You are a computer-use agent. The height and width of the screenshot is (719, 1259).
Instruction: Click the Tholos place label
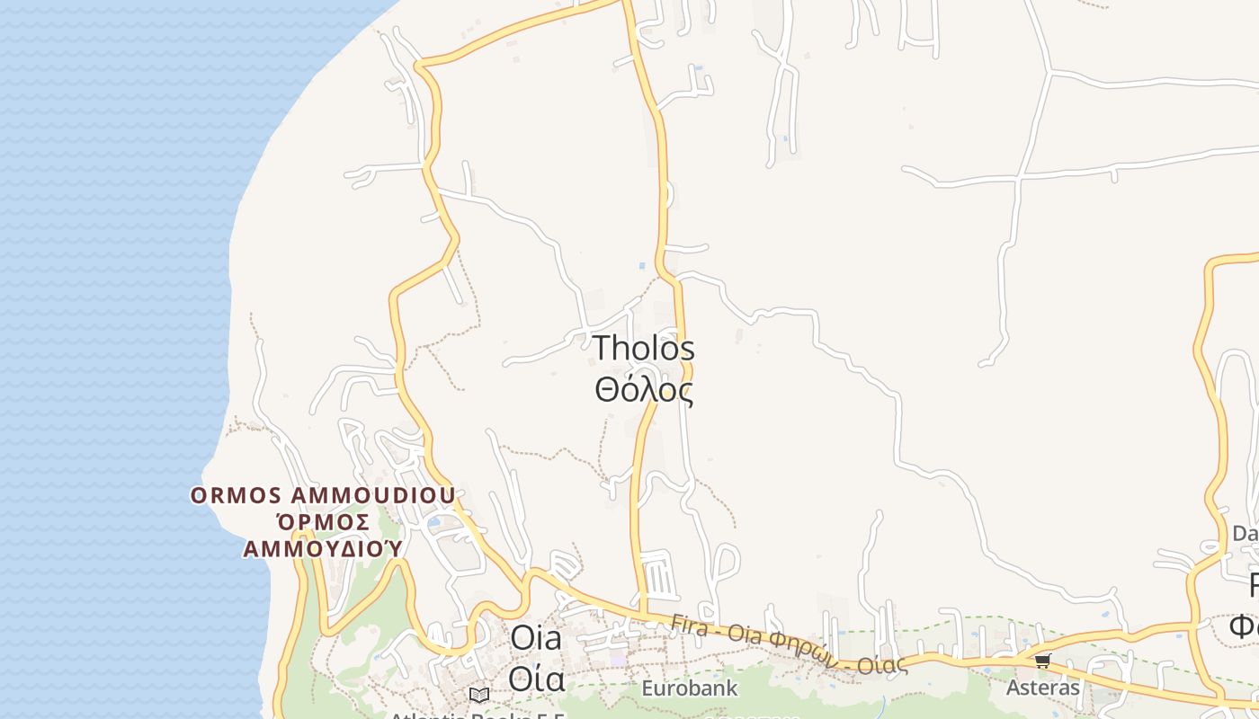[x=644, y=349]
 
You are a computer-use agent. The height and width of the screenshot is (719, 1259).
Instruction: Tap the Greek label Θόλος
[x=644, y=390]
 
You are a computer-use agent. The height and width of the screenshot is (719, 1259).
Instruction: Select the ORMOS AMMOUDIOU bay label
[x=322, y=495]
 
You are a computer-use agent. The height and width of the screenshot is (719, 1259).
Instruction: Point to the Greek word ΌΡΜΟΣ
[x=322, y=522]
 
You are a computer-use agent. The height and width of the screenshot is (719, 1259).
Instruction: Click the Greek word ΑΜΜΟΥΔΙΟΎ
[x=322, y=548]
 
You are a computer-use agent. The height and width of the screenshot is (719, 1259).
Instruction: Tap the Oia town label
[x=536, y=639]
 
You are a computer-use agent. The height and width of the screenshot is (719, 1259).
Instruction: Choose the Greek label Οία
[x=536, y=679]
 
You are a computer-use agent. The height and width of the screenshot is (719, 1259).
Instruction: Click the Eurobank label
[x=689, y=689]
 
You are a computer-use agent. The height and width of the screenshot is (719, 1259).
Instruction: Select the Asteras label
[x=1042, y=688]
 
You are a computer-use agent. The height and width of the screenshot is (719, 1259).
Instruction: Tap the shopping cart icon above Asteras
[x=1042, y=661]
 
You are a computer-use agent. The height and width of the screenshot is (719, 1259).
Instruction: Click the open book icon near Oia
[x=479, y=695]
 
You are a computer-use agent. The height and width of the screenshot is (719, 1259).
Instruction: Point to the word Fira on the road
[x=690, y=623]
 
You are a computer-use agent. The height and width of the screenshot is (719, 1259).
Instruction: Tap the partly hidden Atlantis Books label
[x=477, y=715]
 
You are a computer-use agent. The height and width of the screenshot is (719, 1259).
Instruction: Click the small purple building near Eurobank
[x=617, y=660]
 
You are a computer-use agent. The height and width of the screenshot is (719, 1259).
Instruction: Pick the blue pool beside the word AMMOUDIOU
[x=434, y=522]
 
